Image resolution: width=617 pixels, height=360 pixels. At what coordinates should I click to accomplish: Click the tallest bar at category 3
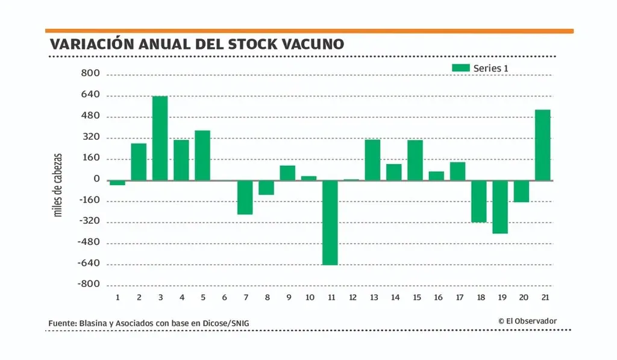tap(160, 138)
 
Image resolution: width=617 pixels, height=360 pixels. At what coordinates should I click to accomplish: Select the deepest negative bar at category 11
tap(330, 223)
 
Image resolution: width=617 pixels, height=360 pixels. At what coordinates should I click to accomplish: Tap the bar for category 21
tap(542, 145)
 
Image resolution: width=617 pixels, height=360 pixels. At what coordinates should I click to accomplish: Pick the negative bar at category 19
tap(500, 207)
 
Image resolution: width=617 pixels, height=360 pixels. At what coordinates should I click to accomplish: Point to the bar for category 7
tap(245, 197)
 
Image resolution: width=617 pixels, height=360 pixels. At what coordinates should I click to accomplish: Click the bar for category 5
tap(202, 155)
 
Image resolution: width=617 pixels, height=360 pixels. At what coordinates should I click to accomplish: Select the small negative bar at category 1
tap(117, 183)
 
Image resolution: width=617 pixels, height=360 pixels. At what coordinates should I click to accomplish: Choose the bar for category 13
tap(372, 160)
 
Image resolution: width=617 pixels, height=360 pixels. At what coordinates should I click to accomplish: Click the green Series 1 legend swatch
tap(460, 68)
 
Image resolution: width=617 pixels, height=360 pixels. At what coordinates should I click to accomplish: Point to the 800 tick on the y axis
tap(91, 75)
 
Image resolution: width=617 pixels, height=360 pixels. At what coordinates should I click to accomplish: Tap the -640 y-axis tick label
tap(88, 264)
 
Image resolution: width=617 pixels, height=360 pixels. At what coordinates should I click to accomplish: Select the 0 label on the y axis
tap(96, 180)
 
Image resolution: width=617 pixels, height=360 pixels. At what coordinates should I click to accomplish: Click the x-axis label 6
tap(224, 297)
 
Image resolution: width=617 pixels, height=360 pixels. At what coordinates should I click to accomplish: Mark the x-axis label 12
tap(353, 297)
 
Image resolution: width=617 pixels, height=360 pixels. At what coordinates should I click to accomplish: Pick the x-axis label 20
tap(524, 297)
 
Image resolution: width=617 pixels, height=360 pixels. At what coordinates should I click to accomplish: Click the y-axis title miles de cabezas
tap(58, 184)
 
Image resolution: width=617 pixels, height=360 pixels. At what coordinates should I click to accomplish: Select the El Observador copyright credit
tap(528, 321)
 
